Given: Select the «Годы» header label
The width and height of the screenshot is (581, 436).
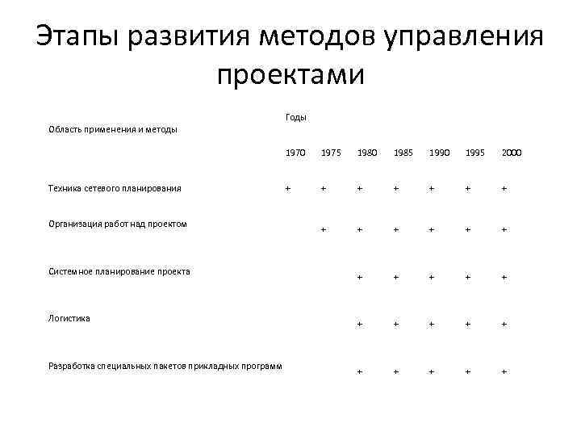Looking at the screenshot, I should coord(296,117).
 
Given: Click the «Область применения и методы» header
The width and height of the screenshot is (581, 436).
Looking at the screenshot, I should coord(113,129).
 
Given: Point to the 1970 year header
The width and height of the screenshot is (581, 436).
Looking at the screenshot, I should coord(295,152).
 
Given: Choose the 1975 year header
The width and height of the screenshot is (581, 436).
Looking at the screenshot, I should coord(330,152).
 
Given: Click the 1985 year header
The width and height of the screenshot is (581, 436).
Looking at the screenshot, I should coord(403,152).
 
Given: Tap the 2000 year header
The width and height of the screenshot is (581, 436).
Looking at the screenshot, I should coord(511,152).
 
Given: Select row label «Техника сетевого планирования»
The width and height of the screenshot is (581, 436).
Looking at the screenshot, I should coord(115,188).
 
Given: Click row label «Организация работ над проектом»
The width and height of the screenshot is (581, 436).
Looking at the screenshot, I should coord(118,224).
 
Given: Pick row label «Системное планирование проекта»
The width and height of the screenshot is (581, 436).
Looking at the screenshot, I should coord(119,271).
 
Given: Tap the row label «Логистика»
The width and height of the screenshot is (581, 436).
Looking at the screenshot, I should coord(69,318).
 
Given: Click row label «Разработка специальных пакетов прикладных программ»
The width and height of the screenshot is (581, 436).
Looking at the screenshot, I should coord(165,366).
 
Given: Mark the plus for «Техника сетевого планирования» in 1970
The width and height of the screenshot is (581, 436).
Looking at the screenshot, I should coord(287,189).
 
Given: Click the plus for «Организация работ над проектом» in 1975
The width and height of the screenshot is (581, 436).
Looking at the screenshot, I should coord(324,229).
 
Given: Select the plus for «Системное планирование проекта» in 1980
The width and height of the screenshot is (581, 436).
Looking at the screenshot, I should coord(361,277).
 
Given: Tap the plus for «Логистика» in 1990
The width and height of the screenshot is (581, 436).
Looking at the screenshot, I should coord(433,325).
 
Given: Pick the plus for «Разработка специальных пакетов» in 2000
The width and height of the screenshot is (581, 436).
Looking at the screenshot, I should coord(504,371).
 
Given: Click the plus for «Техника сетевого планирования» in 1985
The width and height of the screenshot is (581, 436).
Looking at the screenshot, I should coord(396,189).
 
